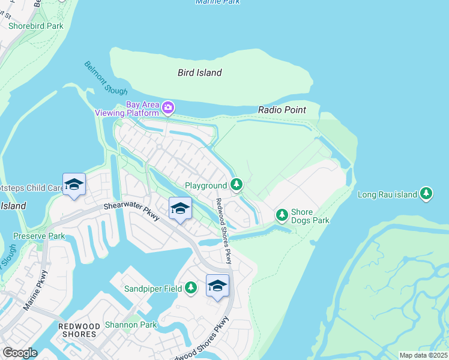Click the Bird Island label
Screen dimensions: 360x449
pos(200,73)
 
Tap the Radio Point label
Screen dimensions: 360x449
pos(282,110)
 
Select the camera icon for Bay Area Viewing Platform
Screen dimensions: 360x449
pos(168,108)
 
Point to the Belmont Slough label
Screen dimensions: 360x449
pos(106,78)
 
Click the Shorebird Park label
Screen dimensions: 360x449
pos(35,26)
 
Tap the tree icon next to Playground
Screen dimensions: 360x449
pos(237,184)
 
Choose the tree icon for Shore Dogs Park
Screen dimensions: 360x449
pos(282,214)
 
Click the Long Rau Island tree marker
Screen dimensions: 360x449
pos(426,193)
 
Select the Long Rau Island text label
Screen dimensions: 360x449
pos(387,194)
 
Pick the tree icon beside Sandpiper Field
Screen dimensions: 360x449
pos(190,289)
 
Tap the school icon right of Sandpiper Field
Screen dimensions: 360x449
pos(217,286)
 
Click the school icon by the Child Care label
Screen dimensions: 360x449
pos(74,185)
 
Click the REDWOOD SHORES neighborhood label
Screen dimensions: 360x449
pos(78,329)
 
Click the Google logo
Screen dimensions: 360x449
pos(19,353)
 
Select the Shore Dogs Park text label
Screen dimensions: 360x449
pos(310,216)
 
